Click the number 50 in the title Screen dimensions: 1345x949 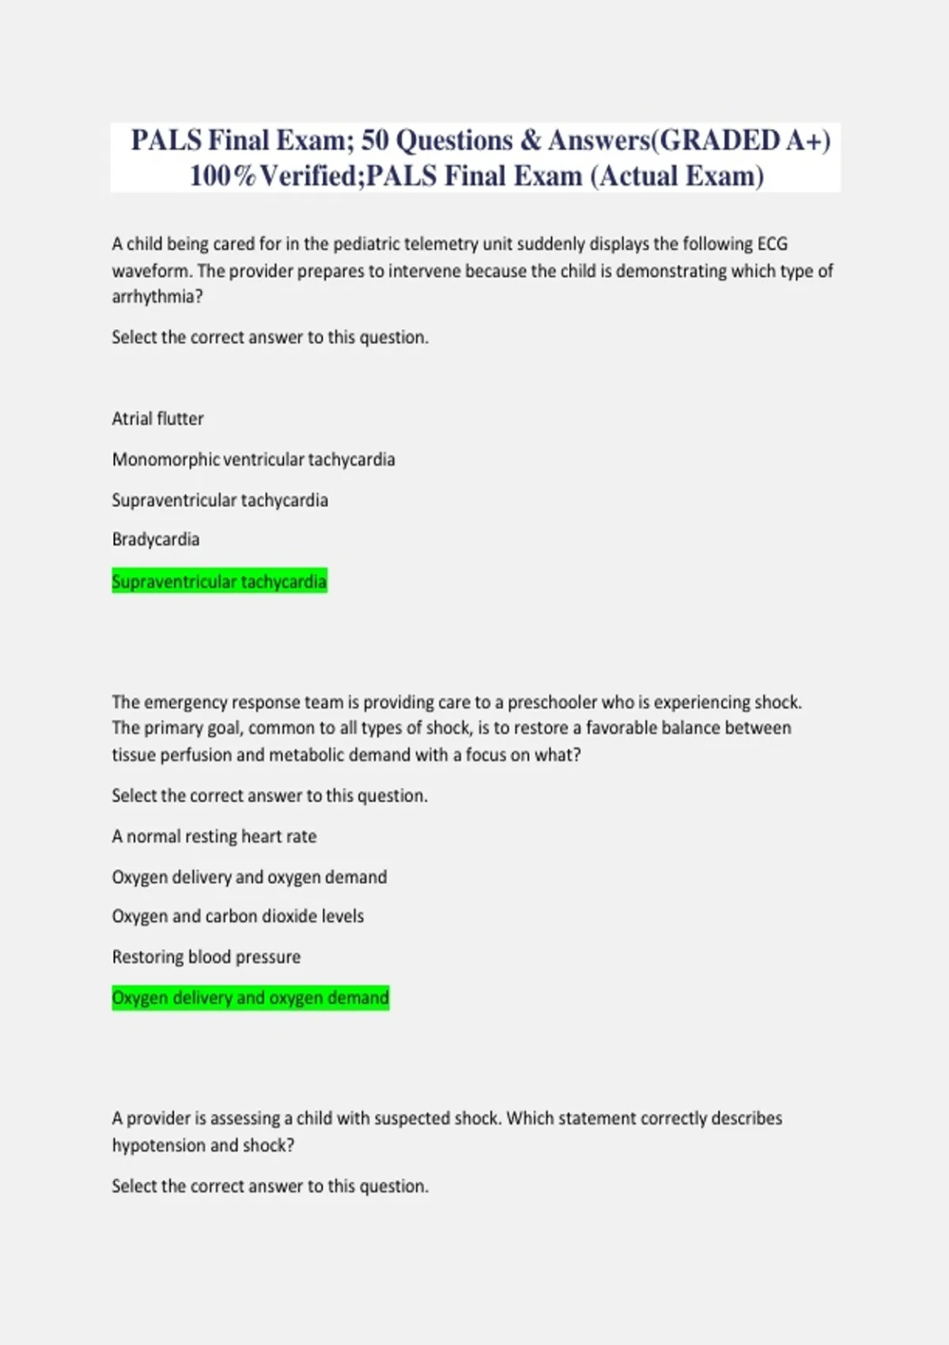pos(375,141)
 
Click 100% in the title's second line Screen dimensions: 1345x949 pos(223,176)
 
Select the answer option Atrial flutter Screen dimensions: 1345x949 pos(157,419)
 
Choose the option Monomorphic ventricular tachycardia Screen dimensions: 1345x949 pos(253,460)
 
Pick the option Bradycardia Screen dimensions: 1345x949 pos(155,540)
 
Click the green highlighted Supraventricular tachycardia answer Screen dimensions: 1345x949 pos(219,582)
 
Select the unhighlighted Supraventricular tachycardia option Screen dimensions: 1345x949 pos(219,500)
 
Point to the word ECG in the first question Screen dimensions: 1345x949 pos(772,244)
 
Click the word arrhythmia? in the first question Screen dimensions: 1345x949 pos(157,297)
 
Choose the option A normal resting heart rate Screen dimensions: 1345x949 pos(214,836)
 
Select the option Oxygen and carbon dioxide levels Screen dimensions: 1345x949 pos(237,916)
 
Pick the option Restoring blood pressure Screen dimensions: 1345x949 pos(206,957)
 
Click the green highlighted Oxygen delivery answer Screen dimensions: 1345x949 pos(250,998)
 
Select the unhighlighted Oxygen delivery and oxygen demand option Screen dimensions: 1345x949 pos(249,877)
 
